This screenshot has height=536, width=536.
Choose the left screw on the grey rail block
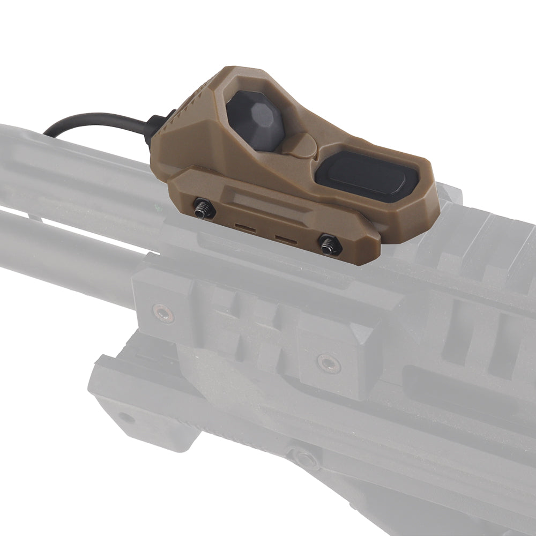162,312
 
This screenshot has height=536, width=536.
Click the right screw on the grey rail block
328,363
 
